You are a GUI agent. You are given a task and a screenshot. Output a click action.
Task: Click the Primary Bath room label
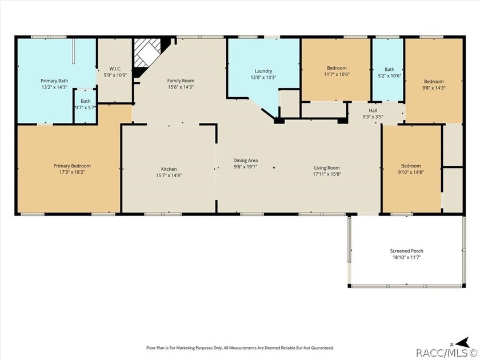point(54,81)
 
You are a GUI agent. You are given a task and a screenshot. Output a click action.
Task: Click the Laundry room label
point(263,71)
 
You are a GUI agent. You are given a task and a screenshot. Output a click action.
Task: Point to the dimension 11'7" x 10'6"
point(337,74)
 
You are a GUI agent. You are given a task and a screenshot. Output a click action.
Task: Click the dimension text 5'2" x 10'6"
point(389,75)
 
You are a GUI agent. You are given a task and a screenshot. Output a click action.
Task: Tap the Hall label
point(373,110)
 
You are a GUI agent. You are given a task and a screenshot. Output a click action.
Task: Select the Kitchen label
point(169,169)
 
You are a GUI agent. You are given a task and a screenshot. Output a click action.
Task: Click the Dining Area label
point(245,161)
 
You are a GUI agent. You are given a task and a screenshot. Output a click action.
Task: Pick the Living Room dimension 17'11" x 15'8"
point(327,174)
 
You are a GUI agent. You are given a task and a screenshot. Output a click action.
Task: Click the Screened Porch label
point(406,251)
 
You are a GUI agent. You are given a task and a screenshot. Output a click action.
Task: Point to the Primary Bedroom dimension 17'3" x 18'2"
point(72,172)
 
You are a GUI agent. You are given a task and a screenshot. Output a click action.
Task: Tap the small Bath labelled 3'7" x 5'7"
point(86,101)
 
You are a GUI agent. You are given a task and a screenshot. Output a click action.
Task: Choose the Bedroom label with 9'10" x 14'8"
point(411,166)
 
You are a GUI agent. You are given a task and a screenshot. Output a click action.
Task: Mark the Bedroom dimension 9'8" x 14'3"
point(434,87)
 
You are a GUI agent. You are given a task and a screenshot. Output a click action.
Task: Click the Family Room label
point(181,81)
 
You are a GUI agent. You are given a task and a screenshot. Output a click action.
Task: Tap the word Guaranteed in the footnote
point(323,348)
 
